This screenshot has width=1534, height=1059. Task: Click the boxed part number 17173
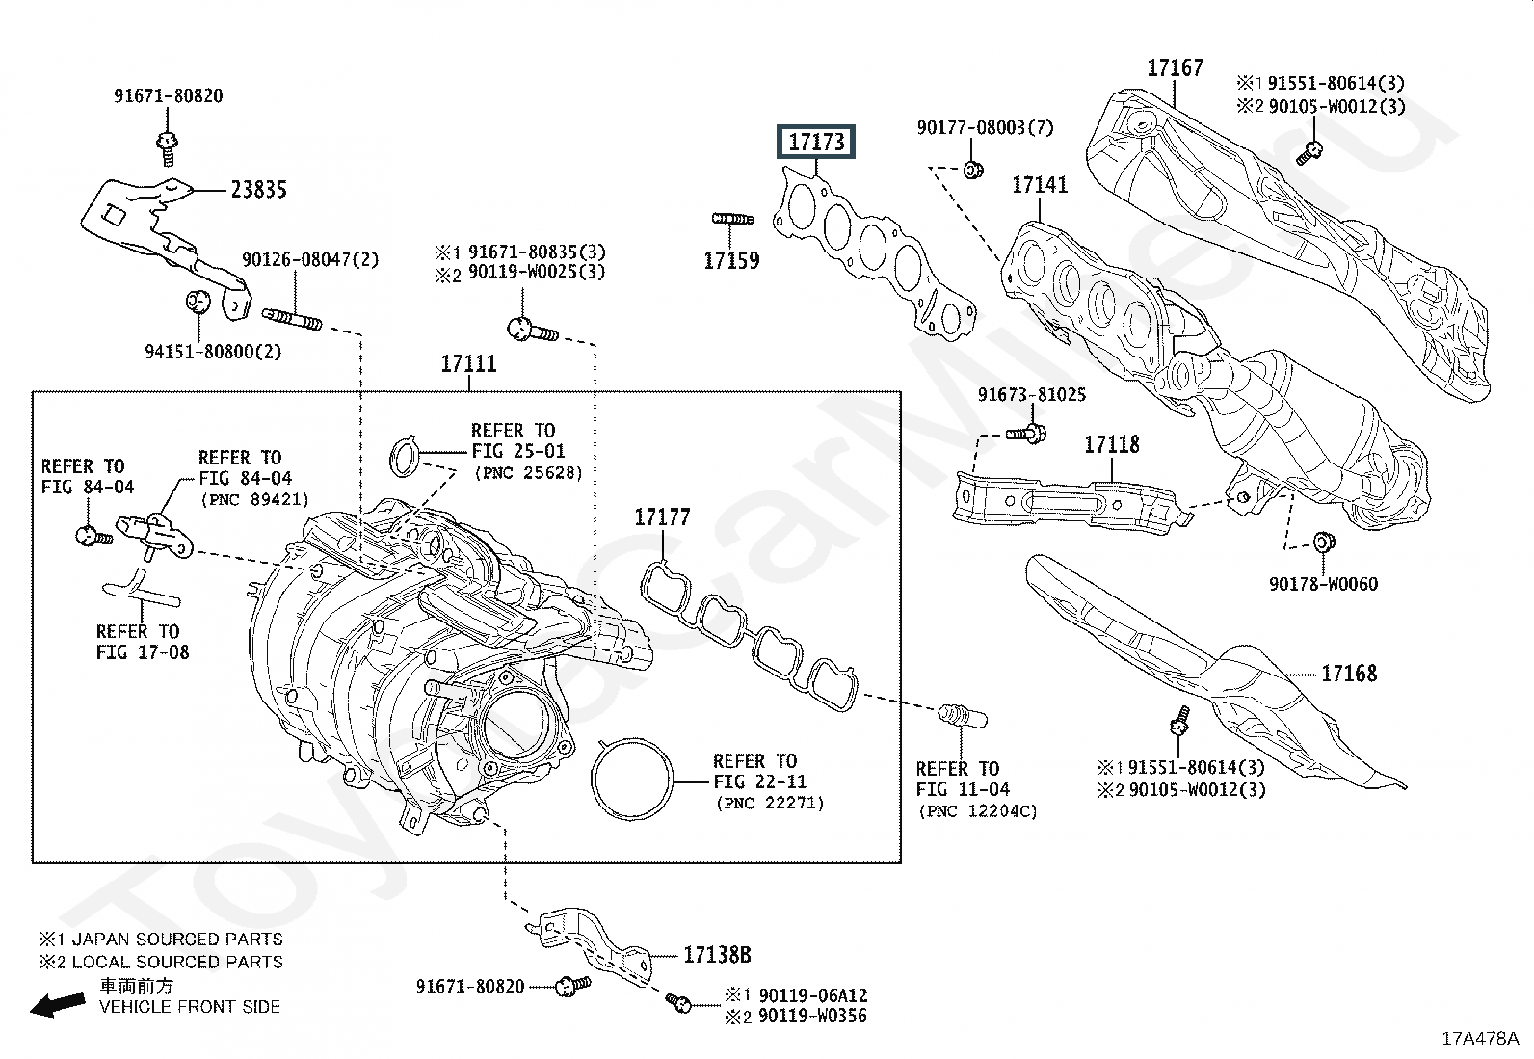[815, 142]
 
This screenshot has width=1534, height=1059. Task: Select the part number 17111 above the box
[468, 363]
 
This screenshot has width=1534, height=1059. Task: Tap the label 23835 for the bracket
[259, 189]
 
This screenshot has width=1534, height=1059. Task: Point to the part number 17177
[662, 517]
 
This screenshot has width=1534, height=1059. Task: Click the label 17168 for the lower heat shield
[1348, 674]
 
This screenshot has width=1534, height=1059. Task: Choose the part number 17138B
[717, 954]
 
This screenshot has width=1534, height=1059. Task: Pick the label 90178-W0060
[1323, 584]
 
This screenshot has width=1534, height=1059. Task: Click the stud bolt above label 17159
[732, 219]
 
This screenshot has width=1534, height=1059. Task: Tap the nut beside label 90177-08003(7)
[973, 169]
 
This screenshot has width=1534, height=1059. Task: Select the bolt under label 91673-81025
[1026, 433]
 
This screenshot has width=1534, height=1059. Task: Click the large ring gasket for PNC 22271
[631, 779]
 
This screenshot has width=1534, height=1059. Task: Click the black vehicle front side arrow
[58, 1004]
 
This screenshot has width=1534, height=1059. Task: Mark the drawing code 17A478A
[1480, 1039]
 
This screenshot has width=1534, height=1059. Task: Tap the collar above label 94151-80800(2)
[198, 300]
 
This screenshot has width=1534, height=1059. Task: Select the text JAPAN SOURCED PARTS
[177, 940]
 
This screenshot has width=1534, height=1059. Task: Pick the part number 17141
[1040, 185]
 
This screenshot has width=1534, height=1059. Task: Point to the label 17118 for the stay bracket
[1111, 444]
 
